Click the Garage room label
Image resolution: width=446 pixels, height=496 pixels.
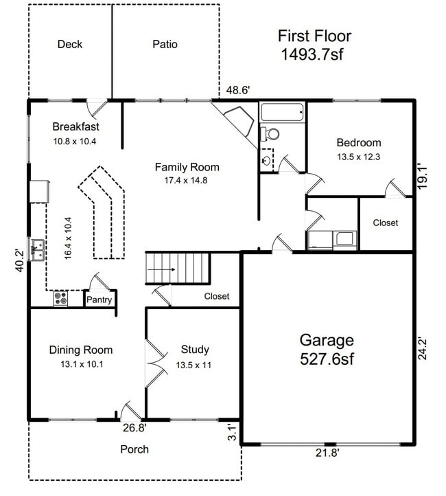[327, 340]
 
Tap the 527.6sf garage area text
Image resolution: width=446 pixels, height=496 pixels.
[327, 359]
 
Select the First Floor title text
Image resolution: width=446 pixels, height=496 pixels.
[314, 36]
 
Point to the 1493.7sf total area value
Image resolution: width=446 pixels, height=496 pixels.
[312, 54]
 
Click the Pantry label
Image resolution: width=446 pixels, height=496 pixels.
[99, 300]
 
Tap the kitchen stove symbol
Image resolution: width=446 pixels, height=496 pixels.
[60, 299]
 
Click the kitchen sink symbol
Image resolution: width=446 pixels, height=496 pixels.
[37, 249]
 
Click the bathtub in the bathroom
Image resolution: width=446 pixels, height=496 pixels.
[282, 112]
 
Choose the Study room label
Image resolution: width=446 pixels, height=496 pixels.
[195, 350]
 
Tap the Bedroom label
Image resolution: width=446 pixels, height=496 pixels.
[358, 143]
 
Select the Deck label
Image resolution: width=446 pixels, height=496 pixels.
[69, 45]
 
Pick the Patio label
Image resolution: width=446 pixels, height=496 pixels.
[165, 45]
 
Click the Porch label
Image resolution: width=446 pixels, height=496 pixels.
[134, 449]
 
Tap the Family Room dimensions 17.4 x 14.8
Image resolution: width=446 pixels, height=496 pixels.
[187, 181]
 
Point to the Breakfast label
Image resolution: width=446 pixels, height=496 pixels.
[76, 126]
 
